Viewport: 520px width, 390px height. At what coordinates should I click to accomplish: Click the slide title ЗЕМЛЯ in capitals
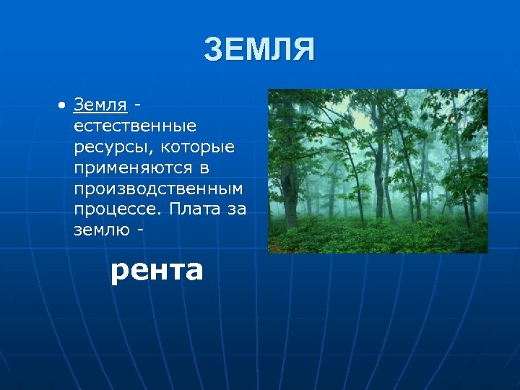tap(259, 51)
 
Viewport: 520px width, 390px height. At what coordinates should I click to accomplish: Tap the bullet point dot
tap(63, 105)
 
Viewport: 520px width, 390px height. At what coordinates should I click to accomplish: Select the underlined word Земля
tap(100, 105)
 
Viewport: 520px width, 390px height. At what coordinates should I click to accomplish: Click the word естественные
tap(134, 126)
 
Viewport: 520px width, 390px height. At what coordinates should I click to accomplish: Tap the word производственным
tap(158, 189)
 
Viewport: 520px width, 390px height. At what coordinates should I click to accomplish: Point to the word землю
tap(100, 230)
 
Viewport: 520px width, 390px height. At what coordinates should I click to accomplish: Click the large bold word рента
tap(156, 271)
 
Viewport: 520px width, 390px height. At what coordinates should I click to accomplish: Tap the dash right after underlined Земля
tap(137, 106)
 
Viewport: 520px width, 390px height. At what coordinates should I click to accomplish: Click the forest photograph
tap(378, 171)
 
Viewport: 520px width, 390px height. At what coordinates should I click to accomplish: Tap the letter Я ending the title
tap(303, 51)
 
